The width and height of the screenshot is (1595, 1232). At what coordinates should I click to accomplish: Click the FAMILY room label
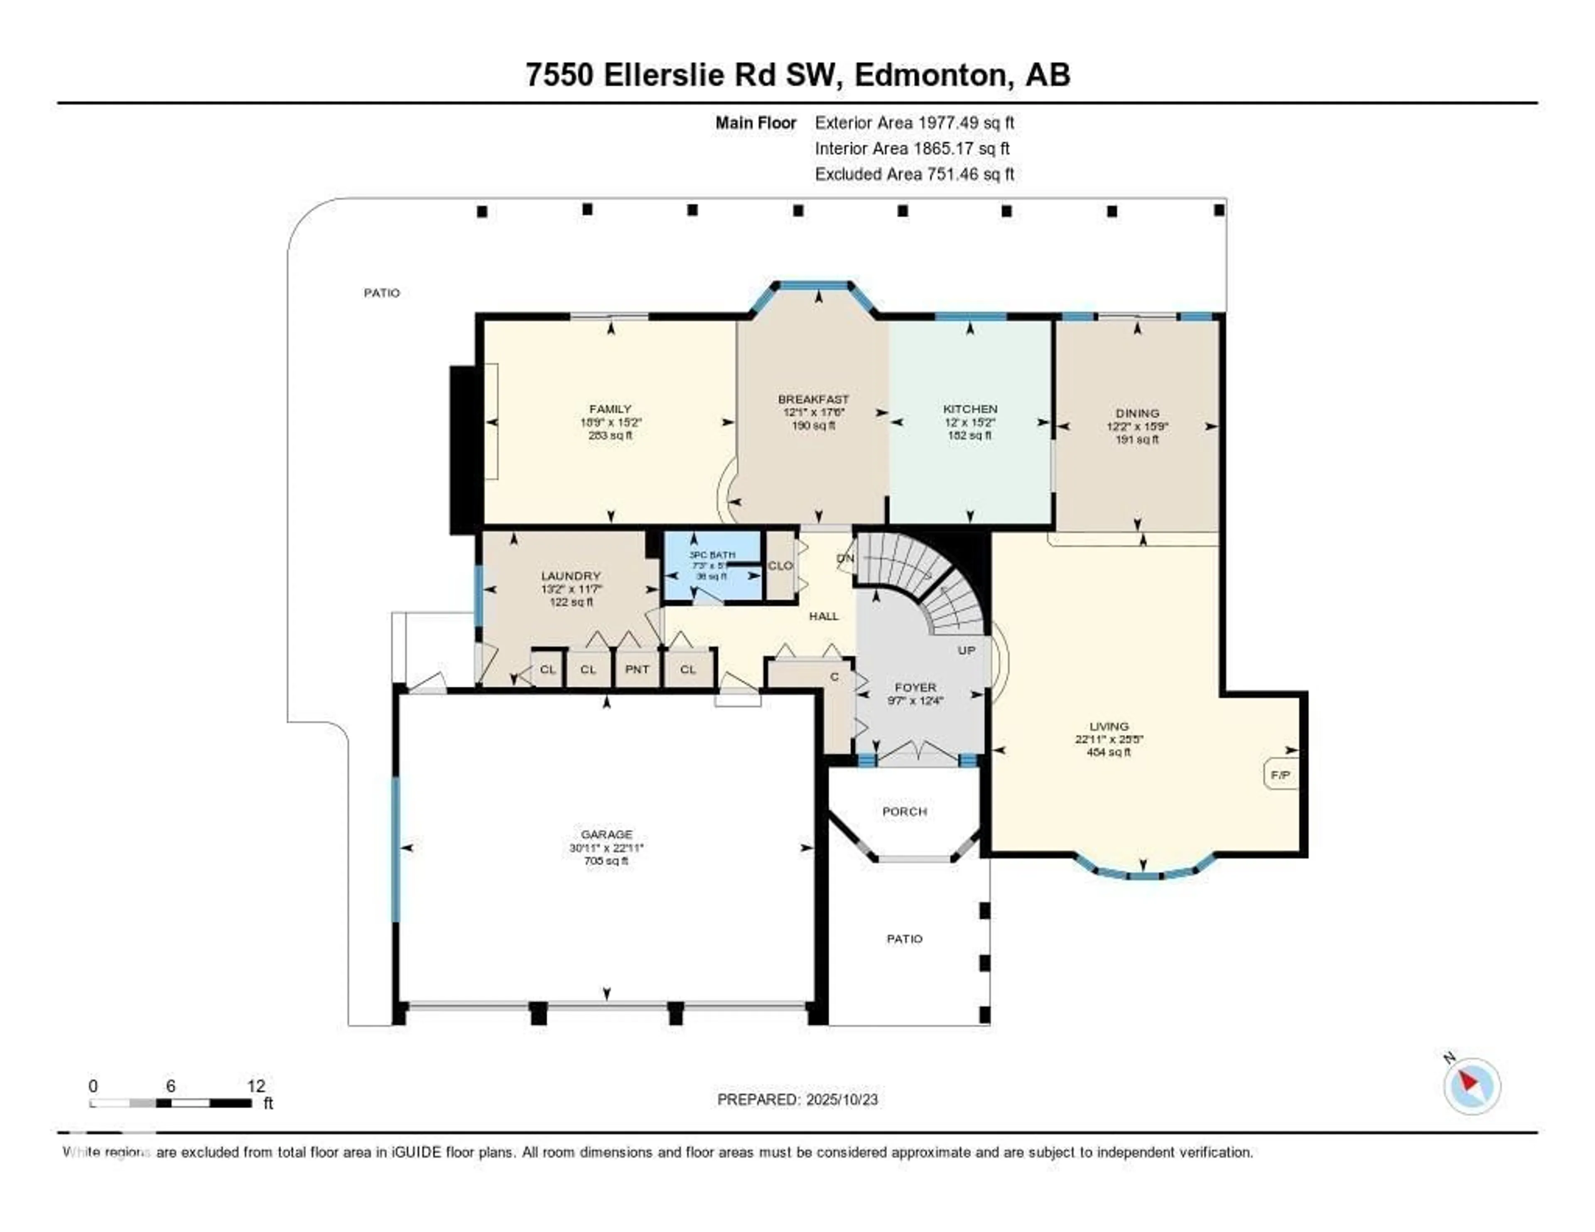coord(610,409)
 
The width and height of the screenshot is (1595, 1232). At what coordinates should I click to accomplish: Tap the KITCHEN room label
coord(970,409)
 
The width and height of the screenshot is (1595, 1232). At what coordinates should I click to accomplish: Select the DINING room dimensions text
coord(1137,427)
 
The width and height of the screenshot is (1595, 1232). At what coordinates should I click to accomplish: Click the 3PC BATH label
coord(712,555)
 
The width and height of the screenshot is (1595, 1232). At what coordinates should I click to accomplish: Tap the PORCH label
coord(904,811)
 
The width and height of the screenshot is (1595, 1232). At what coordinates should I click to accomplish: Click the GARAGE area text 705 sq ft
coord(606,861)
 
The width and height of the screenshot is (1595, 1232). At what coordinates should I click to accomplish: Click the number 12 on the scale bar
coord(255,1086)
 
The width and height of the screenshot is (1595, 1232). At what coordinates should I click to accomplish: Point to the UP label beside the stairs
coord(966,650)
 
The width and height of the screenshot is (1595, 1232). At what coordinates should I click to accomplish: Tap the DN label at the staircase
coord(845,558)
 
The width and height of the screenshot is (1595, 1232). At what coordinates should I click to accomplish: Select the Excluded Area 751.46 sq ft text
coord(914,174)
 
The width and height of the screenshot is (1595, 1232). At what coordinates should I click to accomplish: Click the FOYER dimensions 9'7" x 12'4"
coord(915,700)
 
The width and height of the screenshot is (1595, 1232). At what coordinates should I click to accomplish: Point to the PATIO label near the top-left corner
coord(382,293)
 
